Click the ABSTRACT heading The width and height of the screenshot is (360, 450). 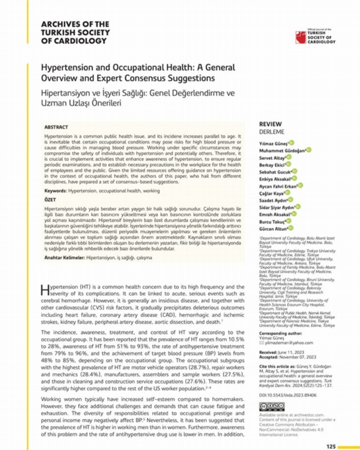coord(56,127)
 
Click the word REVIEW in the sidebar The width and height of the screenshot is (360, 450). coord(270,124)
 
